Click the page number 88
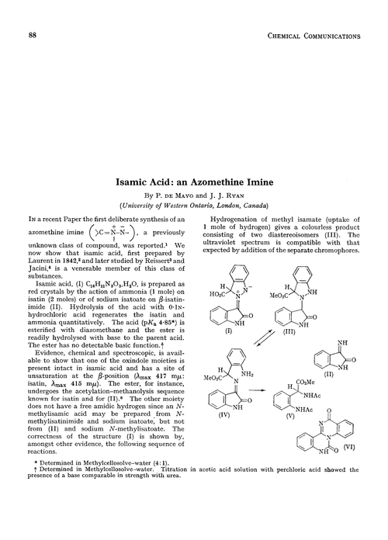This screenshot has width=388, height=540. tap(33, 36)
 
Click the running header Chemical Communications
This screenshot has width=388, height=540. tap(313, 36)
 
